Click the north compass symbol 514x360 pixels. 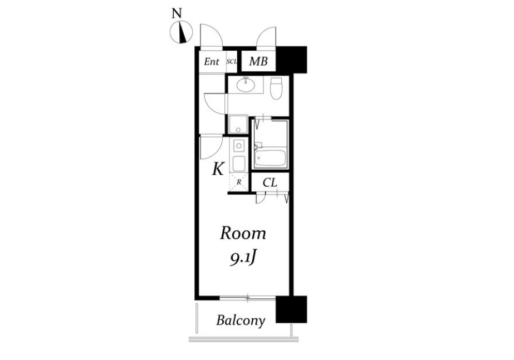[x=181, y=32]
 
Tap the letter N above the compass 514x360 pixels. [x=177, y=13]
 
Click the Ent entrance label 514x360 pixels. [x=212, y=62]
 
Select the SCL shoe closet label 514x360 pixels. [x=232, y=62]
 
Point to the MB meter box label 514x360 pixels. [x=258, y=61]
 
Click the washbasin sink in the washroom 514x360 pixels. [x=246, y=85]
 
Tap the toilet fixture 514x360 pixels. [x=276, y=88]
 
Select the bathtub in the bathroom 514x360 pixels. [x=271, y=158]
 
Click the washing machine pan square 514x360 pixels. [x=238, y=125]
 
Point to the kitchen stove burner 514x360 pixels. [x=239, y=145]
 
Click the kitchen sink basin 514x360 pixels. [x=239, y=163]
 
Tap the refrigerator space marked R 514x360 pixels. [x=239, y=182]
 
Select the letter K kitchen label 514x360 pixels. [x=218, y=169]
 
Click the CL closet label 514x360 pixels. [x=270, y=183]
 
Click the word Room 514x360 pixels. [x=243, y=234]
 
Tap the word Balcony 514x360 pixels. [x=241, y=320]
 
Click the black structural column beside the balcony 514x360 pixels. [x=291, y=309]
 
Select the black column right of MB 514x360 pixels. [x=292, y=60]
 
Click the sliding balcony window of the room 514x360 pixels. [x=247, y=298]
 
